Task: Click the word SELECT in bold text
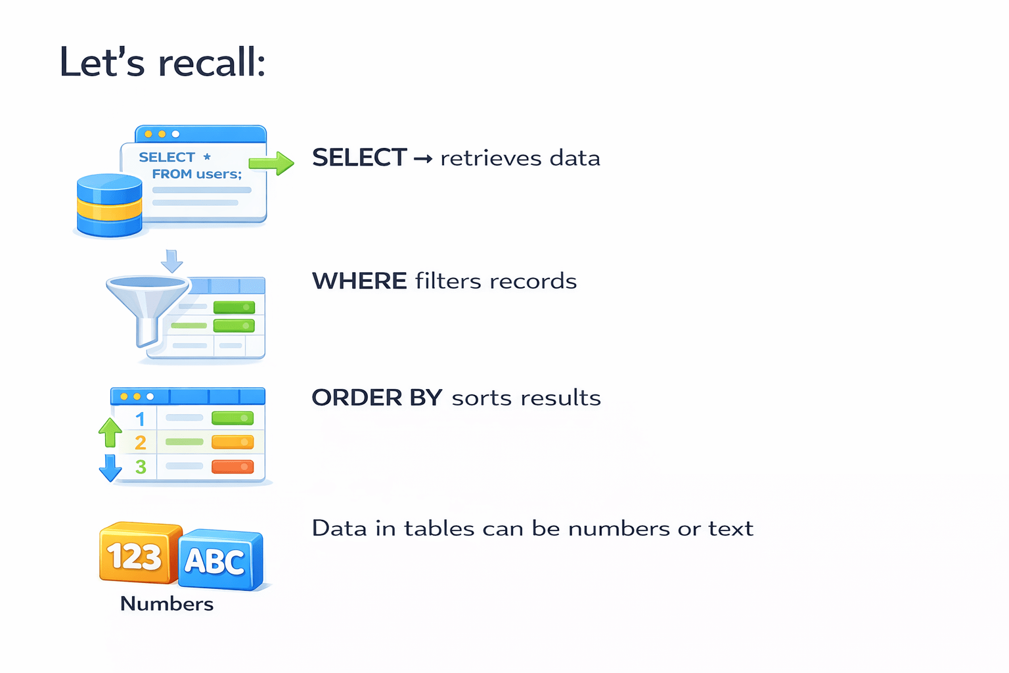click(359, 158)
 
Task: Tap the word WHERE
click(359, 281)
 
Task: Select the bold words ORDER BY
click(376, 398)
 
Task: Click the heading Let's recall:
click(162, 62)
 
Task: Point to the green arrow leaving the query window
click(271, 163)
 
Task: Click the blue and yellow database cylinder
click(109, 205)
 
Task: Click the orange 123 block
click(137, 554)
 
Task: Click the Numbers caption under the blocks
click(167, 604)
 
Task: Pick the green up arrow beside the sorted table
click(110, 432)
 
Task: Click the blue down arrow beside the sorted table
click(110, 467)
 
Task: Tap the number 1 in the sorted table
click(140, 419)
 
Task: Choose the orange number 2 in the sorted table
click(140, 443)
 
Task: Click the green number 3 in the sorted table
click(140, 467)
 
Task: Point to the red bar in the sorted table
click(233, 467)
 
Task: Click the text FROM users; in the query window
click(197, 174)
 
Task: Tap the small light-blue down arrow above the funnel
click(172, 261)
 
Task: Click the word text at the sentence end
click(730, 528)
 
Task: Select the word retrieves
click(491, 158)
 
